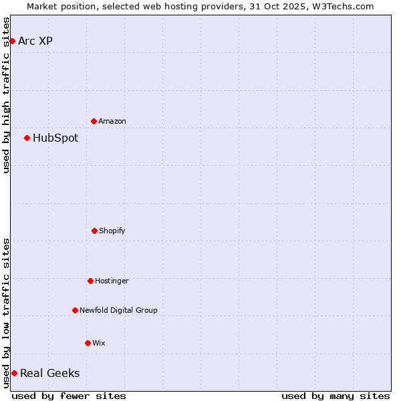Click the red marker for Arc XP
click(x=12, y=41)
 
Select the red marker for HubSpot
click(x=27, y=138)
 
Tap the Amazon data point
click(x=94, y=121)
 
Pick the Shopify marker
click(x=94, y=231)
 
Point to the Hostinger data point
click(x=90, y=281)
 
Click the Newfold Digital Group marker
click(x=75, y=310)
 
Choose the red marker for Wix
click(x=88, y=343)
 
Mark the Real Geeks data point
click(x=14, y=373)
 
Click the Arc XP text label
click(x=35, y=41)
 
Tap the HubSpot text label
click(x=55, y=138)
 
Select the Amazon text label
click(x=112, y=122)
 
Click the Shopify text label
click(x=112, y=231)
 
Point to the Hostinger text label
click(x=112, y=281)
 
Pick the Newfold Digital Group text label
click(x=118, y=311)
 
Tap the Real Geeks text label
click(x=49, y=374)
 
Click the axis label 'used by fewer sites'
click(x=69, y=396)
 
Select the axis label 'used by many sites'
click(x=336, y=396)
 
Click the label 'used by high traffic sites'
click(x=7, y=95)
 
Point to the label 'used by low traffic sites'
click(x=7, y=313)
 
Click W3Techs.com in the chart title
click(x=346, y=6)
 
